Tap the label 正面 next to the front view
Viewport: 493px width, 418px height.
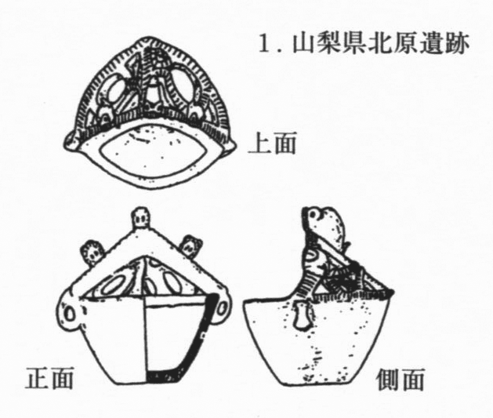pyautogui.click(x=49, y=376)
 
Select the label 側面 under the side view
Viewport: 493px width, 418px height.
pyautogui.click(x=401, y=379)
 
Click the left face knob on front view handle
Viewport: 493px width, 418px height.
pyautogui.click(x=92, y=250)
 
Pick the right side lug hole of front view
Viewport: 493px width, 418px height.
pyautogui.click(x=221, y=308)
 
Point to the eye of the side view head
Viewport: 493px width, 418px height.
pyautogui.click(x=313, y=214)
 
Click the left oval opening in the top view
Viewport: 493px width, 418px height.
pyautogui.click(x=116, y=90)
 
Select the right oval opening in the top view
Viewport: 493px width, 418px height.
pyautogui.click(x=183, y=84)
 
